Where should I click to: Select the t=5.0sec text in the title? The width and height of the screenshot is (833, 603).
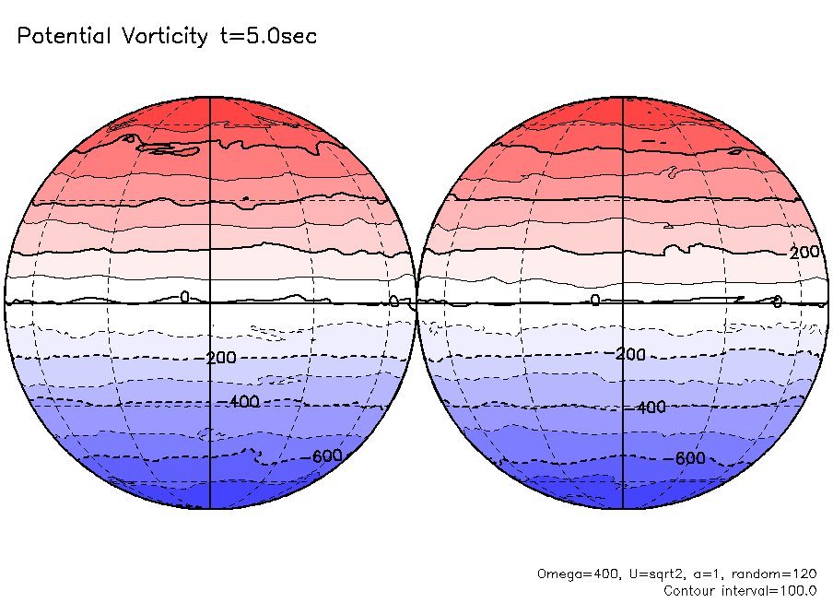point(267,37)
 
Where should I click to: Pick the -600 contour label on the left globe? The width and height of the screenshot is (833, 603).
point(326,456)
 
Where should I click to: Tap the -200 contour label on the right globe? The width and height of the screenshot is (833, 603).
point(629,354)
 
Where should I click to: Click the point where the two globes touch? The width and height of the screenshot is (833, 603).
point(416,302)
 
